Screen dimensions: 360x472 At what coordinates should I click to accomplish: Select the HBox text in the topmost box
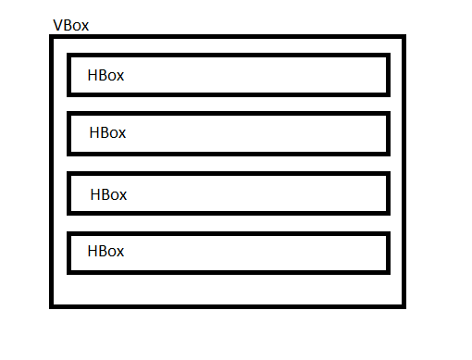click(x=106, y=76)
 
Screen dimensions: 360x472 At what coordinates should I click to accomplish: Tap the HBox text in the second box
click(x=107, y=132)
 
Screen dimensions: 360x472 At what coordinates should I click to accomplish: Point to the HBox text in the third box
click(x=108, y=194)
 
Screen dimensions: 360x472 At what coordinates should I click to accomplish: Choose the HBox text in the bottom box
click(x=106, y=251)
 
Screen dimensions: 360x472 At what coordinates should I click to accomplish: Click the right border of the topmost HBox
click(x=387, y=75)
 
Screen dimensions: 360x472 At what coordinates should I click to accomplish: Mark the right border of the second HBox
click(x=387, y=133)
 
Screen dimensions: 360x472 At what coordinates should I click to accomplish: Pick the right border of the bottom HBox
click(x=387, y=253)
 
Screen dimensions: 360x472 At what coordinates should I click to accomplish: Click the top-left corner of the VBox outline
click(x=53, y=38)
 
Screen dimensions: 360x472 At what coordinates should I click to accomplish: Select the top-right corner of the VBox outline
click(x=403, y=38)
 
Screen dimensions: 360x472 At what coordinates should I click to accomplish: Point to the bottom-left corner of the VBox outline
click(x=53, y=304)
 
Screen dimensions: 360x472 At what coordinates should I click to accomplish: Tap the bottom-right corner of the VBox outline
click(x=403, y=304)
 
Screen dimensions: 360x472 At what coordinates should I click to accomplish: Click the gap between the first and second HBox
click(x=228, y=104)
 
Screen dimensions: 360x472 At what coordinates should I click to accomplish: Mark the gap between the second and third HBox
click(x=228, y=164)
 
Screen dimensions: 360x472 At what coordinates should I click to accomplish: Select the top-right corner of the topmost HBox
click(x=387, y=56)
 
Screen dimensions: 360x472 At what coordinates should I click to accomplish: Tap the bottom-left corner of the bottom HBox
click(x=70, y=272)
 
